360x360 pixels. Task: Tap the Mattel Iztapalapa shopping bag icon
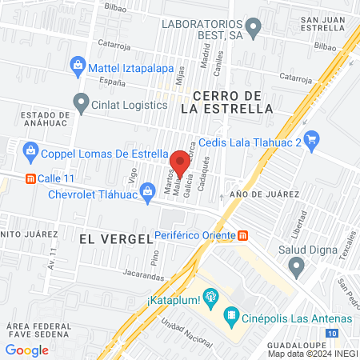click(78, 63)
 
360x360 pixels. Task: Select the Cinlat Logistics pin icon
click(80, 102)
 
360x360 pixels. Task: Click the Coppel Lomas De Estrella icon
click(30, 150)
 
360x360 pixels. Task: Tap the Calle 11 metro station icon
click(30, 178)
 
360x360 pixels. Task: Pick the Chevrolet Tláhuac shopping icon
click(147, 190)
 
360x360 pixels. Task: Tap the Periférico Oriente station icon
click(243, 235)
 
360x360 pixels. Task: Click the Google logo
click(27, 350)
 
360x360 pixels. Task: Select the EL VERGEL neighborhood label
click(115, 238)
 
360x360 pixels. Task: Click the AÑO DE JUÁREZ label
click(263, 194)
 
